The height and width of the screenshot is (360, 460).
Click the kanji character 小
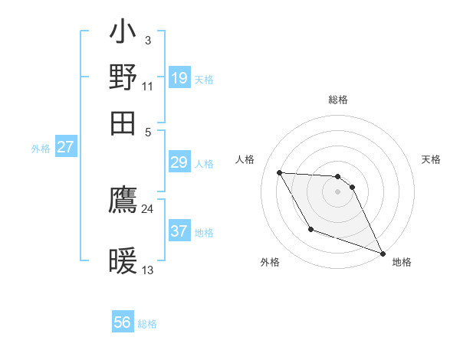pyautogui.click(x=123, y=34)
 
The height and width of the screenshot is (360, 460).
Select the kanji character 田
pyautogui.click(x=123, y=122)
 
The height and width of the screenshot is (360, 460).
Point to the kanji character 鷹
pyautogui.click(x=123, y=199)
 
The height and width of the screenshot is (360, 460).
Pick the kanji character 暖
pyautogui.click(x=123, y=261)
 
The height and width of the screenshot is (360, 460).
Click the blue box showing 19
pyautogui.click(x=179, y=77)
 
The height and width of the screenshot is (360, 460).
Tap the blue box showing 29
pyautogui.click(x=179, y=162)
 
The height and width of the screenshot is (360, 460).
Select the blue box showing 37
pyautogui.click(x=179, y=231)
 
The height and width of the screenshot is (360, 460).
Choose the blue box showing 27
pyautogui.click(x=66, y=147)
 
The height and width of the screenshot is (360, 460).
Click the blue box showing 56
pyautogui.click(x=123, y=322)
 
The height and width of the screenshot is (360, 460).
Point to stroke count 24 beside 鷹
pyautogui.click(x=147, y=208)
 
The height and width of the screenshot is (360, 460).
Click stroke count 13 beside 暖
pyautogui.click(x=147, y=270)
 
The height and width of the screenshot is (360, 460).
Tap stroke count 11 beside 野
pyautogui.click(x=147, y=86)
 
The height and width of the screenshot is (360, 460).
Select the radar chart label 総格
pyautogui.click(x=337, y=100)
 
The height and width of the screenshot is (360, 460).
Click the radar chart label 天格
pyautogui.click(x=432, y=159)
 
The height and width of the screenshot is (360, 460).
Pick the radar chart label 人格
pyautogui.click(x=245, y=159)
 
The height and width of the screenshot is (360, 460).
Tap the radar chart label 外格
pyautogui.click(x=270, y=263)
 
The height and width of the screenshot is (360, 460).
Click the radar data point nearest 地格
pyautogui.click(x=383, y=254)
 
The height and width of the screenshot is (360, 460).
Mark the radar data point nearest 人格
pyautogui.click(x=280, y=173)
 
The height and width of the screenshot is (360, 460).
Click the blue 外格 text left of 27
pyautogui.click(x=41, y=149)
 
